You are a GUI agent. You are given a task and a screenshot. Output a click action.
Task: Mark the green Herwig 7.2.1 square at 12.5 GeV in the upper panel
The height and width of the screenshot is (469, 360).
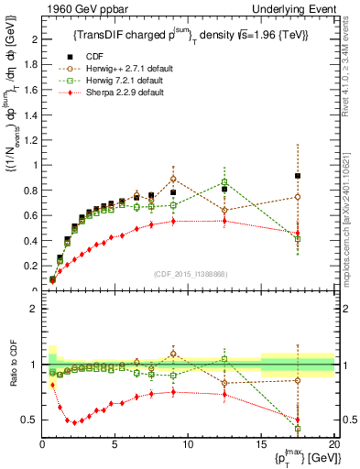[x=224, y=182]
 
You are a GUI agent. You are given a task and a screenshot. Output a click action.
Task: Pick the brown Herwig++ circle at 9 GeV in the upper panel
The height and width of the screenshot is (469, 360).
[x=173, y=180]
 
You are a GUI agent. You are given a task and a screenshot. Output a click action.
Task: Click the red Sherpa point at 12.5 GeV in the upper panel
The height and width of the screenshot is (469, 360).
[x=224, y=221]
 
